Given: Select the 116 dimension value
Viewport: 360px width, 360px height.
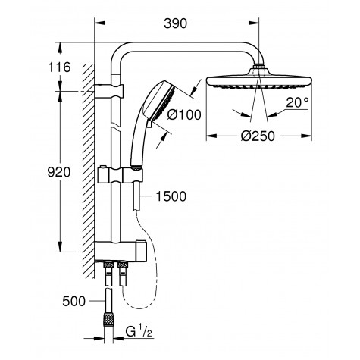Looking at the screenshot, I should coord(58,68).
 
